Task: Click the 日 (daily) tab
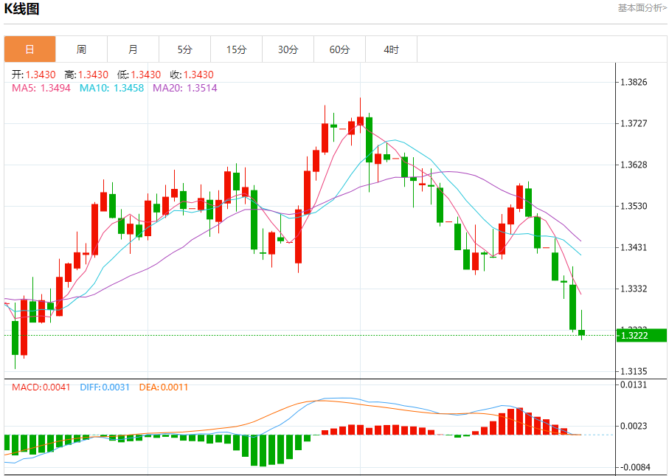pos(30,49)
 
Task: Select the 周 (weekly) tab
pos(81,49)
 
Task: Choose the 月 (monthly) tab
pos(133,49)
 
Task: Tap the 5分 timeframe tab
pos(184,49)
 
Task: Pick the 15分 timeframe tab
pos(236,49)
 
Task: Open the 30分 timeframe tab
pos(288,49)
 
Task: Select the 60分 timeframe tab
pos(339,49)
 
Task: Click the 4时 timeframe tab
pos(391,49)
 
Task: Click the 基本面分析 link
pos(642,7)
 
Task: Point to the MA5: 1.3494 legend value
pos(41,88)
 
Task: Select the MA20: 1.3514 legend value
pos(184,88)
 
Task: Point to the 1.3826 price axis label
pos(635,82)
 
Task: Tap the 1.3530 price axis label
pos(635,206)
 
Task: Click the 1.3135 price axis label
pos(635,371)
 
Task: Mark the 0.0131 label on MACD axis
pos(635,384)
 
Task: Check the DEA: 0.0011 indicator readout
pos(164,387)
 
